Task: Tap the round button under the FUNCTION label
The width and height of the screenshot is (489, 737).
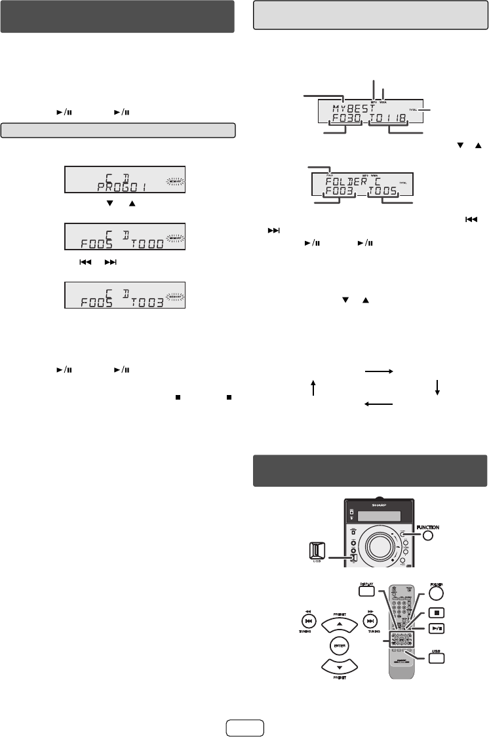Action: point(429,537)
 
